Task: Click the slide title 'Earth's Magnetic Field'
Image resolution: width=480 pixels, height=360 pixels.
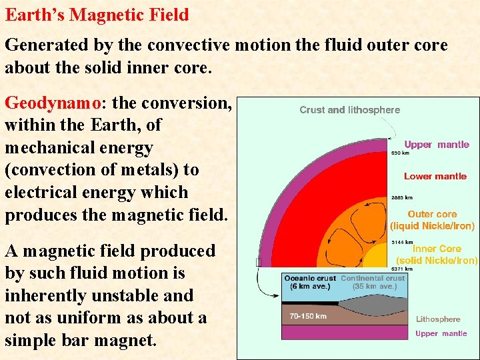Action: (97, 15)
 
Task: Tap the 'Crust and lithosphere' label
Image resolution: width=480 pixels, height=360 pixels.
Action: (350, 110)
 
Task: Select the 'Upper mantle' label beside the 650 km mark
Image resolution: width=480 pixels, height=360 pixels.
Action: (437, 145)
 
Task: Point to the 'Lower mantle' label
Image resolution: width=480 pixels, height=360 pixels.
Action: (435, 177)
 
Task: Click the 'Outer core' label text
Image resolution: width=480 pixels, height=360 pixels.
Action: (432, 215)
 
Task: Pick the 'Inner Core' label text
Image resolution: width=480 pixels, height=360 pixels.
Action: (437, 249)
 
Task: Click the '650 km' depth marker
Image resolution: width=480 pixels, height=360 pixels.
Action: (401, 153)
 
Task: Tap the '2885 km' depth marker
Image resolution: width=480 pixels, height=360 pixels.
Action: (401, 197)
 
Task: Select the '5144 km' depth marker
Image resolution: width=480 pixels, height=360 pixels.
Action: (401, 241)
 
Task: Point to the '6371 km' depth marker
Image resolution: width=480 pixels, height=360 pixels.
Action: (401, 269)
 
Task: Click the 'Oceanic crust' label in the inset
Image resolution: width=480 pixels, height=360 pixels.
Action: (310, 278)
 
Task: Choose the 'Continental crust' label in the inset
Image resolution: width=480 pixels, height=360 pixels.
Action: (373, 278)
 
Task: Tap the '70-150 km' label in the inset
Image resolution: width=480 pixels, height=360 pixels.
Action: (308, 316)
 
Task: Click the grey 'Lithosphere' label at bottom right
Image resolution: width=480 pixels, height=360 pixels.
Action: (438, 319)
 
